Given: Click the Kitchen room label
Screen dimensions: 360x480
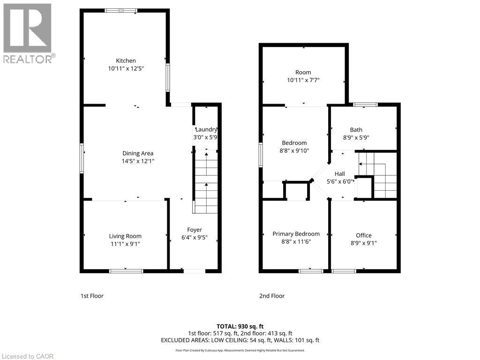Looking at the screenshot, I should pyautogui.click(x=126, y=60).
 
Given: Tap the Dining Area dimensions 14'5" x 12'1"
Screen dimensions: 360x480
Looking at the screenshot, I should pyautogui.click(x=138, y=161).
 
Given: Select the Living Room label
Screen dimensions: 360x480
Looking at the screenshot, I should pyautogui.click(x=125, y=236).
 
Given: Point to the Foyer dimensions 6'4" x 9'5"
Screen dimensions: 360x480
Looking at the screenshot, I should pyautogui.click(x=195, y=238).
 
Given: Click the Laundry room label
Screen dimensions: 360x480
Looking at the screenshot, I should pyautogui.click(x=206, y=130).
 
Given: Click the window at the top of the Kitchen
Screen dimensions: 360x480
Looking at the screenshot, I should pyautogui.click(x=121, y=10).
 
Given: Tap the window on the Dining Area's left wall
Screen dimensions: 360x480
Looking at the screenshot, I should pyautogui.click(x=82, y=158).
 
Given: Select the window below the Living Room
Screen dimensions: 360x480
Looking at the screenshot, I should pyautogui.click(x=126, y=270).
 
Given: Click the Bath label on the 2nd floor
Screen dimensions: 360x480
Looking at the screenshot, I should pyautogui.click(x=356, y=130).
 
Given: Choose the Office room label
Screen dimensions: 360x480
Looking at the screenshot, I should pyautogui.click(x=363, y=235).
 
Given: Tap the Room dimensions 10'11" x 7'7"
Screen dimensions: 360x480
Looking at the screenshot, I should pyautogui.click(x=303, y=80).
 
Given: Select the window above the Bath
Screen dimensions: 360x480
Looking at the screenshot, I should pyautogui.click(x=366, y=105).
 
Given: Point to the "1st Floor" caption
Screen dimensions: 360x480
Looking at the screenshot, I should pyautogui.click(x=91, y=296).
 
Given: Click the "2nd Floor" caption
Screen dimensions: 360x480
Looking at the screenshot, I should pyautogui.click(x=272, y=296).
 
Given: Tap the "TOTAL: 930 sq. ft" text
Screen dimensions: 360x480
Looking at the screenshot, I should pyautogui.click(x=240, y=326).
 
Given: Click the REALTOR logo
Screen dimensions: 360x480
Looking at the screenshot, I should pyautogui.click(x=28, y=33).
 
